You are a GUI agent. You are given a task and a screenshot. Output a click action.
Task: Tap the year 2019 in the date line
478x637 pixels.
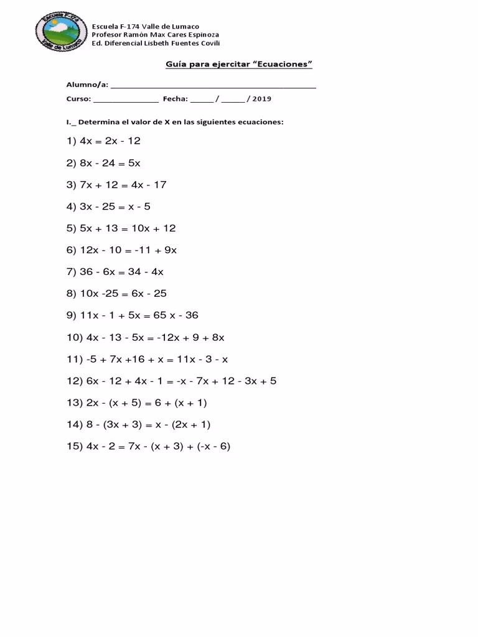262,99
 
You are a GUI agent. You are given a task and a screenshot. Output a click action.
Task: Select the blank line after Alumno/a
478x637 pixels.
213,86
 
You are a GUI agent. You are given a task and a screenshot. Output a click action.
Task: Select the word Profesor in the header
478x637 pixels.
107,35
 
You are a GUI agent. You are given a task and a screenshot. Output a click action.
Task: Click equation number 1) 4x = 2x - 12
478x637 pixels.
103,141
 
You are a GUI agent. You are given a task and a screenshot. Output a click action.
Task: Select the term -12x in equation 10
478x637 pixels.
157,337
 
